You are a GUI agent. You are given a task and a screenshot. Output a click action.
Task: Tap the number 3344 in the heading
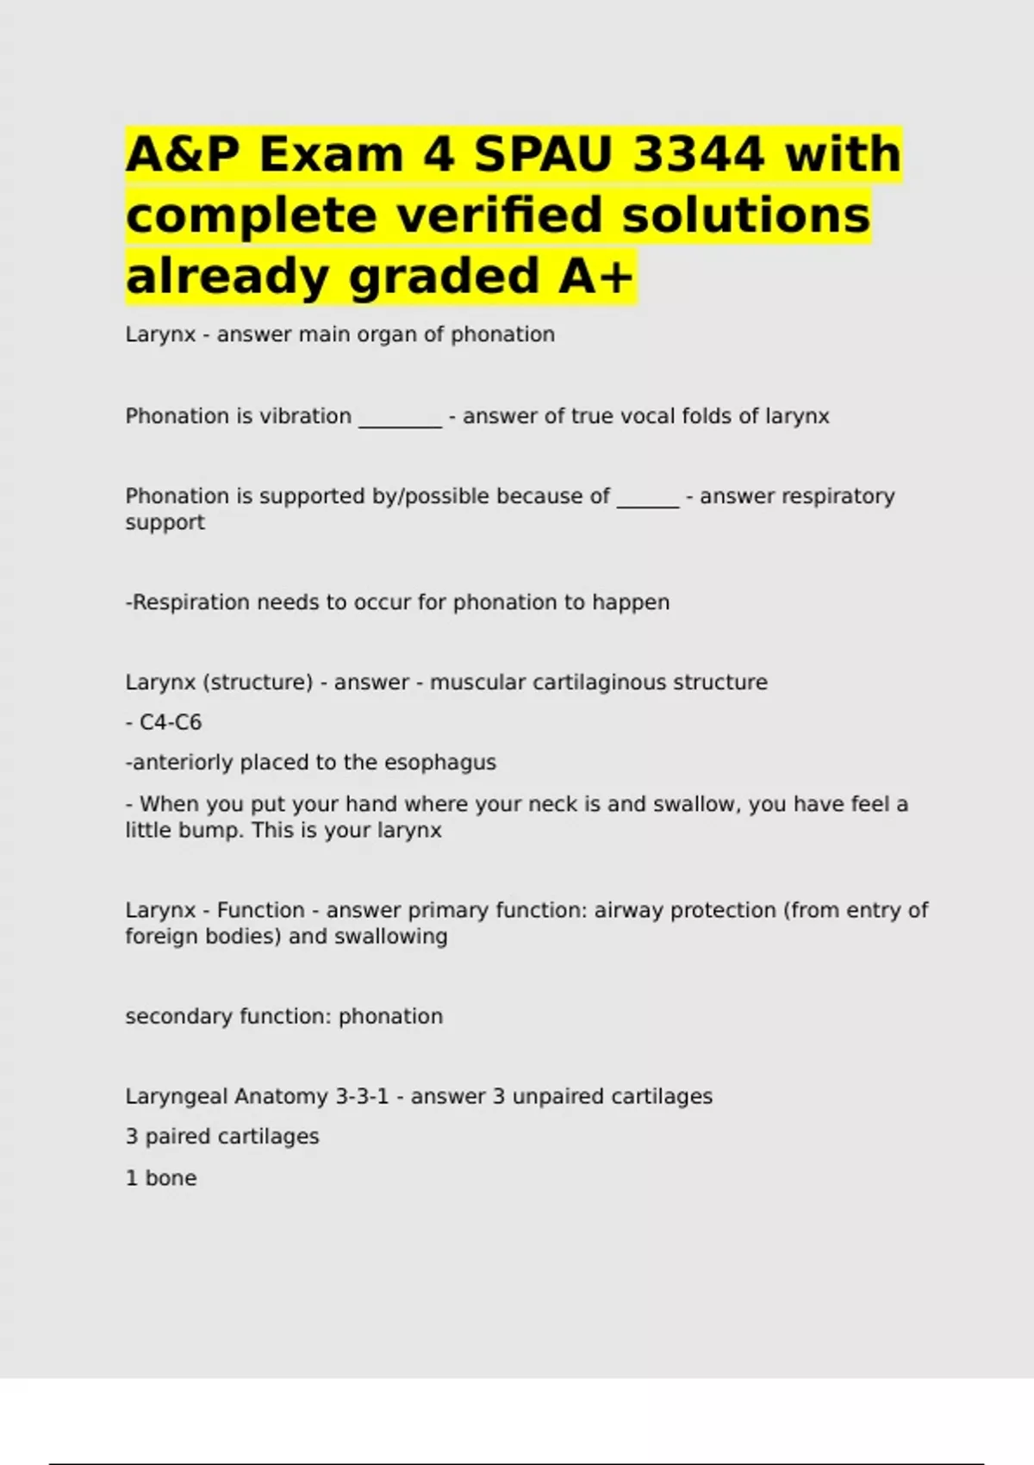pos(698,154)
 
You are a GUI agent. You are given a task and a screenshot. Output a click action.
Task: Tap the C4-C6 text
pos(171,722)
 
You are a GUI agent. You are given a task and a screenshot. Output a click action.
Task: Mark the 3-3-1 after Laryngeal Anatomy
pos(362,1096)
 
